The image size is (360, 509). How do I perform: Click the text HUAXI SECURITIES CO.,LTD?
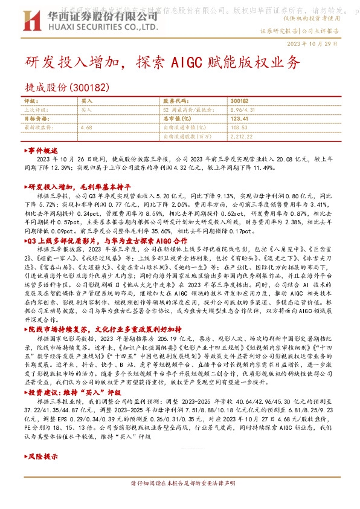pos(87,27)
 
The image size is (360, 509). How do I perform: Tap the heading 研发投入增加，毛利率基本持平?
pos(78,188)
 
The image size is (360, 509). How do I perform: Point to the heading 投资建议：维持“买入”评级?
pos(71,392)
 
